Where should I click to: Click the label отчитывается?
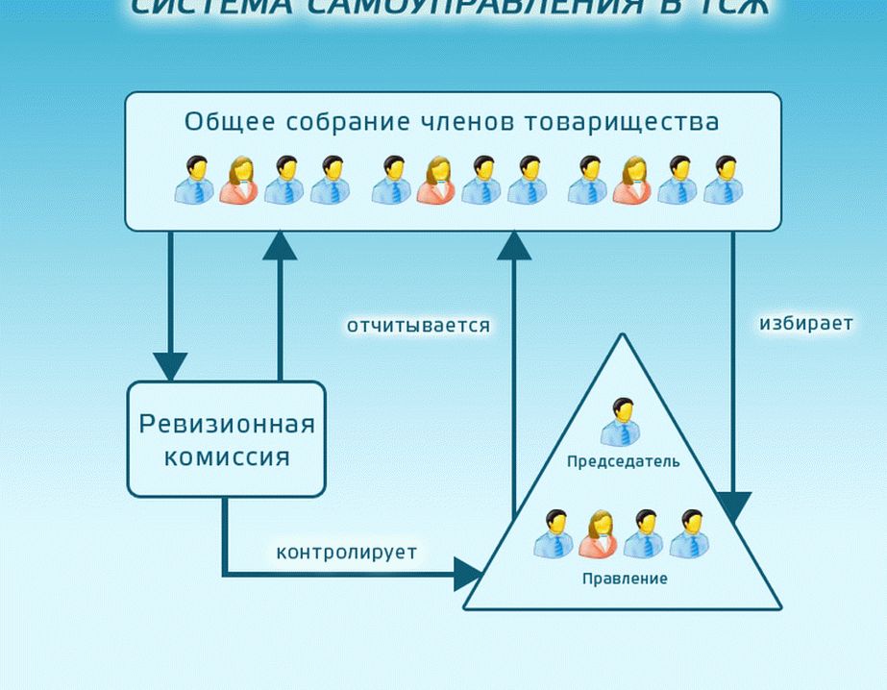pos(418,326)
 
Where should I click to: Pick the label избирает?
pos(805,323)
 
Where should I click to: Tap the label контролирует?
pos(347,553)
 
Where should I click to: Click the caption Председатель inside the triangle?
pos(623,461)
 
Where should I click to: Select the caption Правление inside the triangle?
pos(624,579)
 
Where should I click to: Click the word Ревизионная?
pos(227,424)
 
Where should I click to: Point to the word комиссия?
pos(227,456)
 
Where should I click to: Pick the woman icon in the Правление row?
pos(597,533)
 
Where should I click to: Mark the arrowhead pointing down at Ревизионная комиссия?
pos(170,366)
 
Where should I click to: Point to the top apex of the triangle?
pos(623,335)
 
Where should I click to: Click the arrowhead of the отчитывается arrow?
pos(514,246)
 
